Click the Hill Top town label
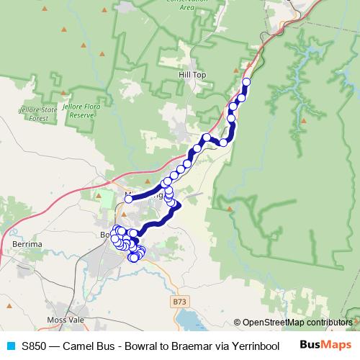[192, 74]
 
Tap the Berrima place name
[28, 245]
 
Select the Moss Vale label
[65, 319]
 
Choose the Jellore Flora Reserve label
[78, 109]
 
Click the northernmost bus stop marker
[246, 82]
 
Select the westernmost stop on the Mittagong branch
[128, 199]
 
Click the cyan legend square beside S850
[10, 345]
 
